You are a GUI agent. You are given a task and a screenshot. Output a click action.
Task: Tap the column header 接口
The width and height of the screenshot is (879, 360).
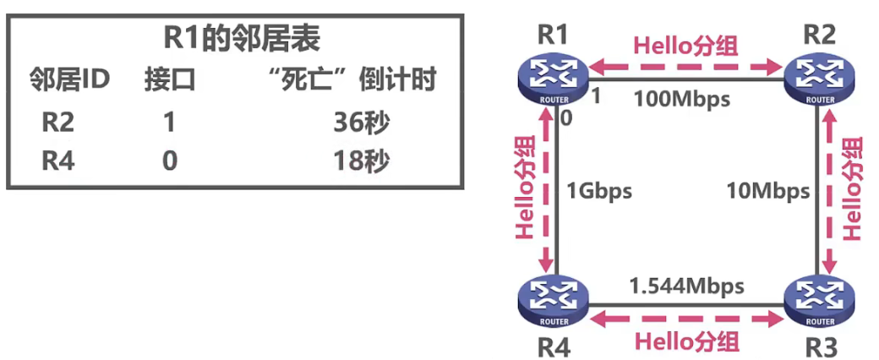[169, 80]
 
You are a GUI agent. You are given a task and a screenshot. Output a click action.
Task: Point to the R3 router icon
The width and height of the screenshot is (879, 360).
[818, 302]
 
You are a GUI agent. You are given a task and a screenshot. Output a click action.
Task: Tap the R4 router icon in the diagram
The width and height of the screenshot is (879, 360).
[553, 302]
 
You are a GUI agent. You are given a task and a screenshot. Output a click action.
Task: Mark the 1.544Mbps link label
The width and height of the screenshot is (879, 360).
[686, 286]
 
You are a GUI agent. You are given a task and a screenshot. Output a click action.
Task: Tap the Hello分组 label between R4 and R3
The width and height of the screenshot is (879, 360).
[686, 341]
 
